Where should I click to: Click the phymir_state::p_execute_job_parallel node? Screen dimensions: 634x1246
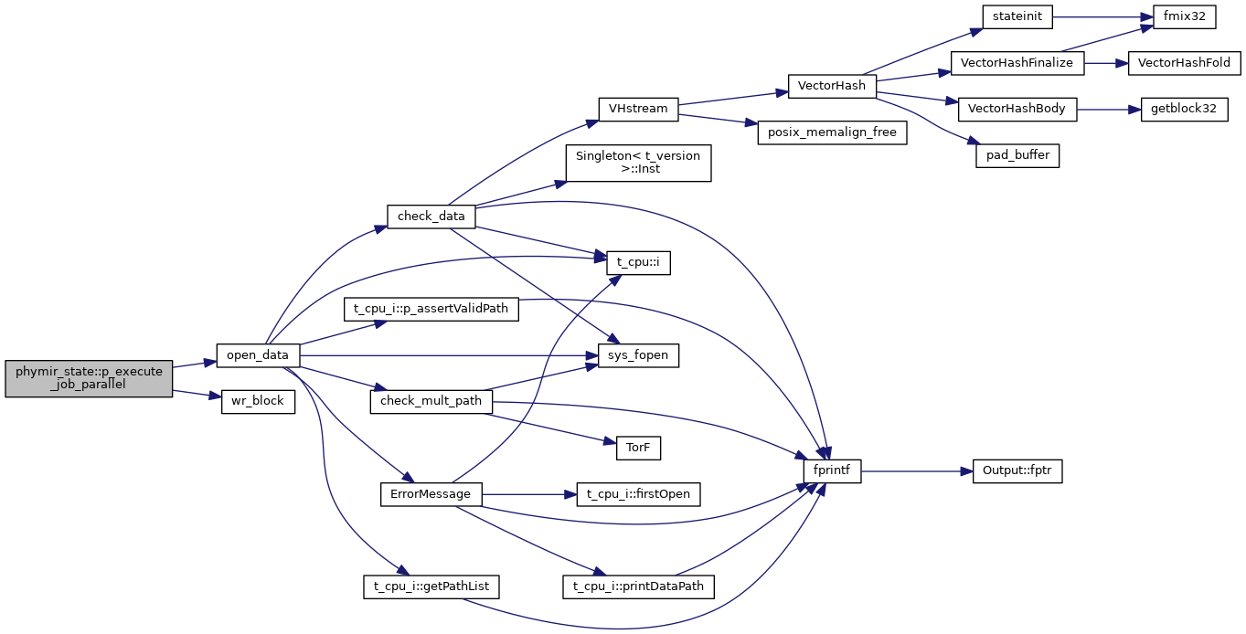tap(89, 378)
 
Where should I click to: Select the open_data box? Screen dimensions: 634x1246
tap(258, 354)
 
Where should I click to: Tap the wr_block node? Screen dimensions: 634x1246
tap(258, 401)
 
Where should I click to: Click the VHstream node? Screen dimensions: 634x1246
tap(638, 108)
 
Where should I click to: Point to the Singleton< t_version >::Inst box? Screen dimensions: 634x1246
tap(638, 163)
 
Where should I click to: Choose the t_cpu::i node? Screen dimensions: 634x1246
tap(638, 262)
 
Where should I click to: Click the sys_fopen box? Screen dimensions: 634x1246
tap(638, 354)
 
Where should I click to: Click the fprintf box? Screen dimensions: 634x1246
tap(831, 471)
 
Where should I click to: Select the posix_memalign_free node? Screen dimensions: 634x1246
tap(832, 132)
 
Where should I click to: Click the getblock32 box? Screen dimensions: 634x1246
tap(1184, 109)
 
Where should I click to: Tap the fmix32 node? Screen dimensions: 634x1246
tap(1184, 16)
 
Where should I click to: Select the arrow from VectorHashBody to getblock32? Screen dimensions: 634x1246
tap(1109, 109)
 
